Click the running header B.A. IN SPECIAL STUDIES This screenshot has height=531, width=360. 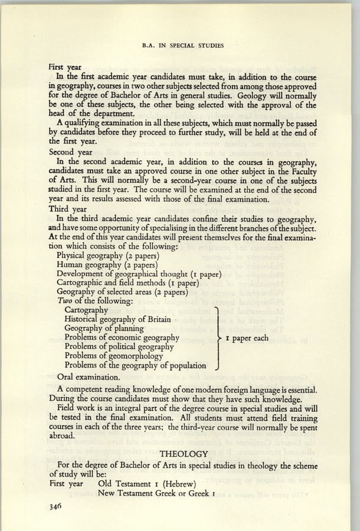(x=180, y=43)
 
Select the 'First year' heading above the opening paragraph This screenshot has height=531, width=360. (x=65, y=67)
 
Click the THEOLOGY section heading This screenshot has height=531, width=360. (x=185, y=454)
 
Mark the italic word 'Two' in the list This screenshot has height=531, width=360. (x=64, y=301)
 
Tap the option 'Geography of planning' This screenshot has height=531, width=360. (x=104, y=329)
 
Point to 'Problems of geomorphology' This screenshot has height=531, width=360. (x=113, y=356)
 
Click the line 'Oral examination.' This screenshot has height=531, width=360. (x=88, y=375)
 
